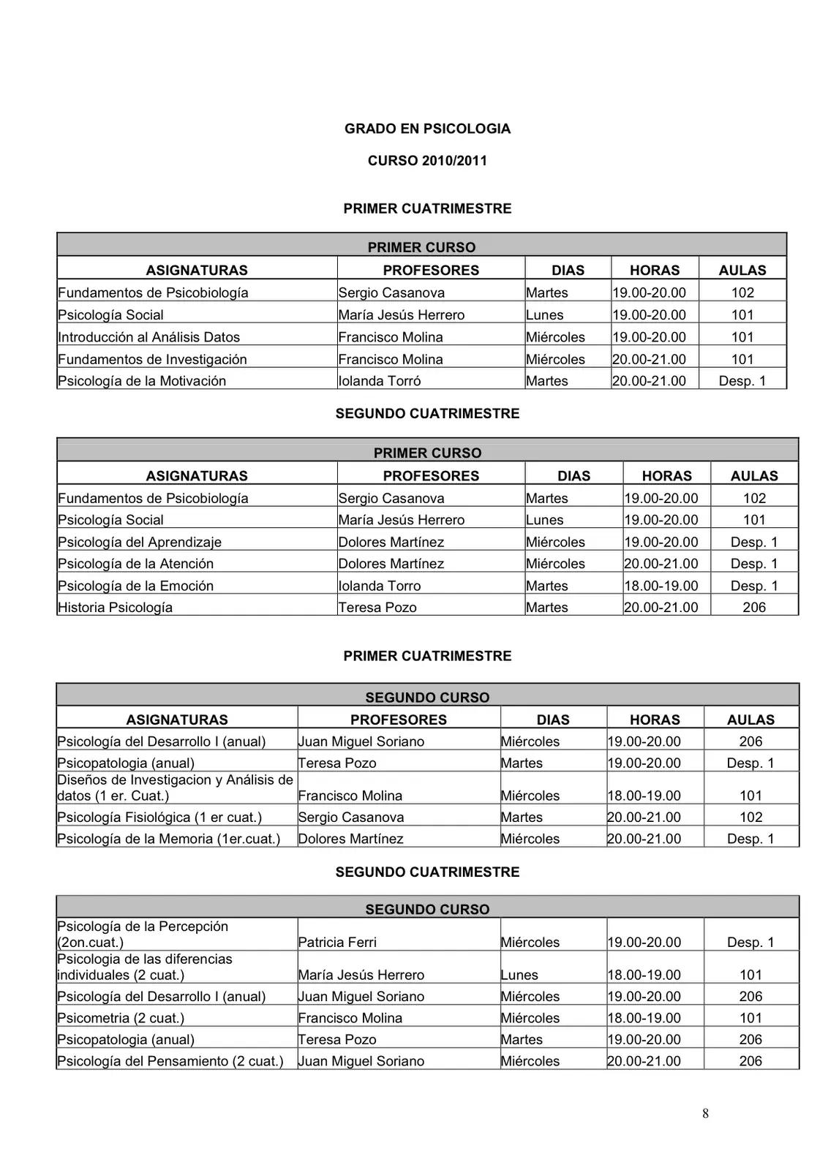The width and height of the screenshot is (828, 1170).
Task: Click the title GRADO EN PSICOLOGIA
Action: pos(427,129)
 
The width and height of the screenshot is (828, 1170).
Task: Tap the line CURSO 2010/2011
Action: pos(427,161)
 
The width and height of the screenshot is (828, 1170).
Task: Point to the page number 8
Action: pos(705,1114)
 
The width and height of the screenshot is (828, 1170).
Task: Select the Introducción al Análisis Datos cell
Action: pos(148,337)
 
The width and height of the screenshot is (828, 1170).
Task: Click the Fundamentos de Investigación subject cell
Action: pos(152,359)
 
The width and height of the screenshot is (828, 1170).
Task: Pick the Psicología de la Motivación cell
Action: pos(142,381)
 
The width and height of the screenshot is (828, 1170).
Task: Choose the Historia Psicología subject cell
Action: pos(115,608)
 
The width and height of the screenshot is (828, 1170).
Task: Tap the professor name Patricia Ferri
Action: pos(337,943)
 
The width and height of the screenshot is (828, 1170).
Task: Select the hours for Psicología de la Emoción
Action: pos(660,586)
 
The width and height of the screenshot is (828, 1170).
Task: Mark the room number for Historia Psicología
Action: pos(754,608)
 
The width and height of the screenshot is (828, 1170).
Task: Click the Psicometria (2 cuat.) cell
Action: pos(121,1018)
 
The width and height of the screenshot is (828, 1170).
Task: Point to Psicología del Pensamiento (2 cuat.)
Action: pos(170,1061)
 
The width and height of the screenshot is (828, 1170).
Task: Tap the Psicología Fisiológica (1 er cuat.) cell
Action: pos(159,818)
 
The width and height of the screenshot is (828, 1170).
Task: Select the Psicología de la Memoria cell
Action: pos(168,839)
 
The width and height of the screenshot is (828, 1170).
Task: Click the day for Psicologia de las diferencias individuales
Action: pos(519,975)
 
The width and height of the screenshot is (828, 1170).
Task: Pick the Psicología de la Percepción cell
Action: pos(143,935)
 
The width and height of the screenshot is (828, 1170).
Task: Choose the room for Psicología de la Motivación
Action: pos(742,381)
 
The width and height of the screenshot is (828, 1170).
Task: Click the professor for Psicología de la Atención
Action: pos(391,564)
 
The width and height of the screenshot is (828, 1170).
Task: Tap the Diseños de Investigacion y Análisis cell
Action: pos(175,788)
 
